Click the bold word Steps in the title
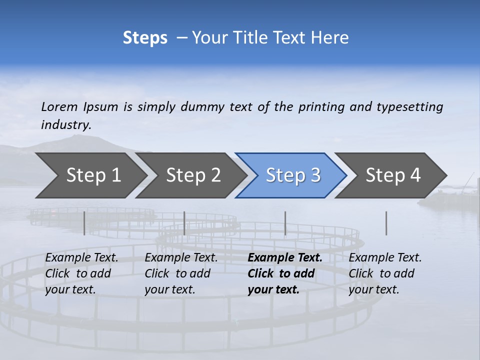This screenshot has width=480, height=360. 145,38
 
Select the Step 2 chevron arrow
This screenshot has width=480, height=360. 193,175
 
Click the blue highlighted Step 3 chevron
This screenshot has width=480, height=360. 292,175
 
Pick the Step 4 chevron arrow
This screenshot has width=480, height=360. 392,175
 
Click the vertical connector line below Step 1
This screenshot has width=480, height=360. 84,223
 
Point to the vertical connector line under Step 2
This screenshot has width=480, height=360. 184,223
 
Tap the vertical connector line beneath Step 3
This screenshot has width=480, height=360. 285,223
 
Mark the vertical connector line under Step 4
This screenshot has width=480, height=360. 386,223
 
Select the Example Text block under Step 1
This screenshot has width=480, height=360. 81,273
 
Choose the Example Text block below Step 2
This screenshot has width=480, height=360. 181,273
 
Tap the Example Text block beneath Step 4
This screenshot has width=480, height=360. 385,273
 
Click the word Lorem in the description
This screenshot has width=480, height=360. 59,107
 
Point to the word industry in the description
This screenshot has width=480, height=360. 66,125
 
